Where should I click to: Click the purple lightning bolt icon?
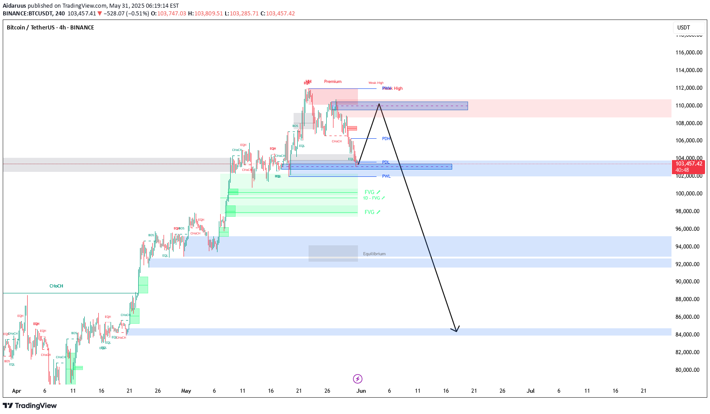pos(357,379)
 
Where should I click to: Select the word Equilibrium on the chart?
pos(374,254)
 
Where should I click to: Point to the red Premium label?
pos(333,82)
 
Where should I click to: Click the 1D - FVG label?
pos(373,198)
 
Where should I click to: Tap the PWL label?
pos(386,176)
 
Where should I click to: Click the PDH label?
pos(386,139)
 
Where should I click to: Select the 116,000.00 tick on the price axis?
pos(689,53)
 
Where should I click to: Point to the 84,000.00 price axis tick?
pos(689,335)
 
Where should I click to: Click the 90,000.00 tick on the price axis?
pos(689,282)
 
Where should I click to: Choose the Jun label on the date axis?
pos(361,391)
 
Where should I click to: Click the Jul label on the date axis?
pos(531,391)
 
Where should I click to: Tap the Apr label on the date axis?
pos(17,391)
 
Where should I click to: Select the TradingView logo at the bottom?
pos(30,406)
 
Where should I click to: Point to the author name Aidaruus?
pos(14,6)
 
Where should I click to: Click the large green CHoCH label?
pos(56,286)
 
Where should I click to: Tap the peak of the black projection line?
pos(379,104)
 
